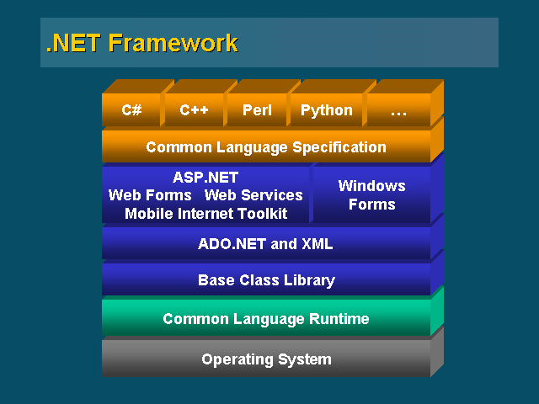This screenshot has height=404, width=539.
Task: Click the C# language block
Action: (x=131, y=110)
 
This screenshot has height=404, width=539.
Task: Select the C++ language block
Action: (x=195, y=110)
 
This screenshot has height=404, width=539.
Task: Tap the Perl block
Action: (x=257, y=110)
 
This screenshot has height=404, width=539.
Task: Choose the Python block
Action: (x=327, y=110)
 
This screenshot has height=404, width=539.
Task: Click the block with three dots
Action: (x=398, y=110)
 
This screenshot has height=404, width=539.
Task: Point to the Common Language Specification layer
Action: (x=266, y=146)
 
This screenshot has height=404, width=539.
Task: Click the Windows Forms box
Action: (x=372, y=194)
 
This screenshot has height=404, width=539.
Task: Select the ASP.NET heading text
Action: (x=205, y=178)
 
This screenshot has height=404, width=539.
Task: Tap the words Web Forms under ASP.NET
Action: (x=150, y=195)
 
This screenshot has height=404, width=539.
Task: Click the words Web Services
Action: (x=253, y=195)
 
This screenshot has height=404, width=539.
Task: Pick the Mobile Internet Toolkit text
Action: (x=205, y=214)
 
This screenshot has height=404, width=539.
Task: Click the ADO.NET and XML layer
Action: (x=266, y=243)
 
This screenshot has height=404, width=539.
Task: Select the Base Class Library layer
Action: (x=266, y=279)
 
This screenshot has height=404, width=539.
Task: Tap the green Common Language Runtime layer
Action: (x=266, y=318)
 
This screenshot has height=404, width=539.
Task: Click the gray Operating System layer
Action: (x=266, y=359)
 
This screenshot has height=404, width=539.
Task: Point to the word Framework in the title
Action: (x=173, y=43)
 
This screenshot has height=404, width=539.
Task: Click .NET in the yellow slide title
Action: (x=73, y=43)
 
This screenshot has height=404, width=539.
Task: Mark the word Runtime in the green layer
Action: (x=339, y=319)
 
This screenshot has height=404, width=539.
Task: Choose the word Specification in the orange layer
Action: (x=339, y=147)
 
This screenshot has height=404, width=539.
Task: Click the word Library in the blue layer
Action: (x=309, y=280)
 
